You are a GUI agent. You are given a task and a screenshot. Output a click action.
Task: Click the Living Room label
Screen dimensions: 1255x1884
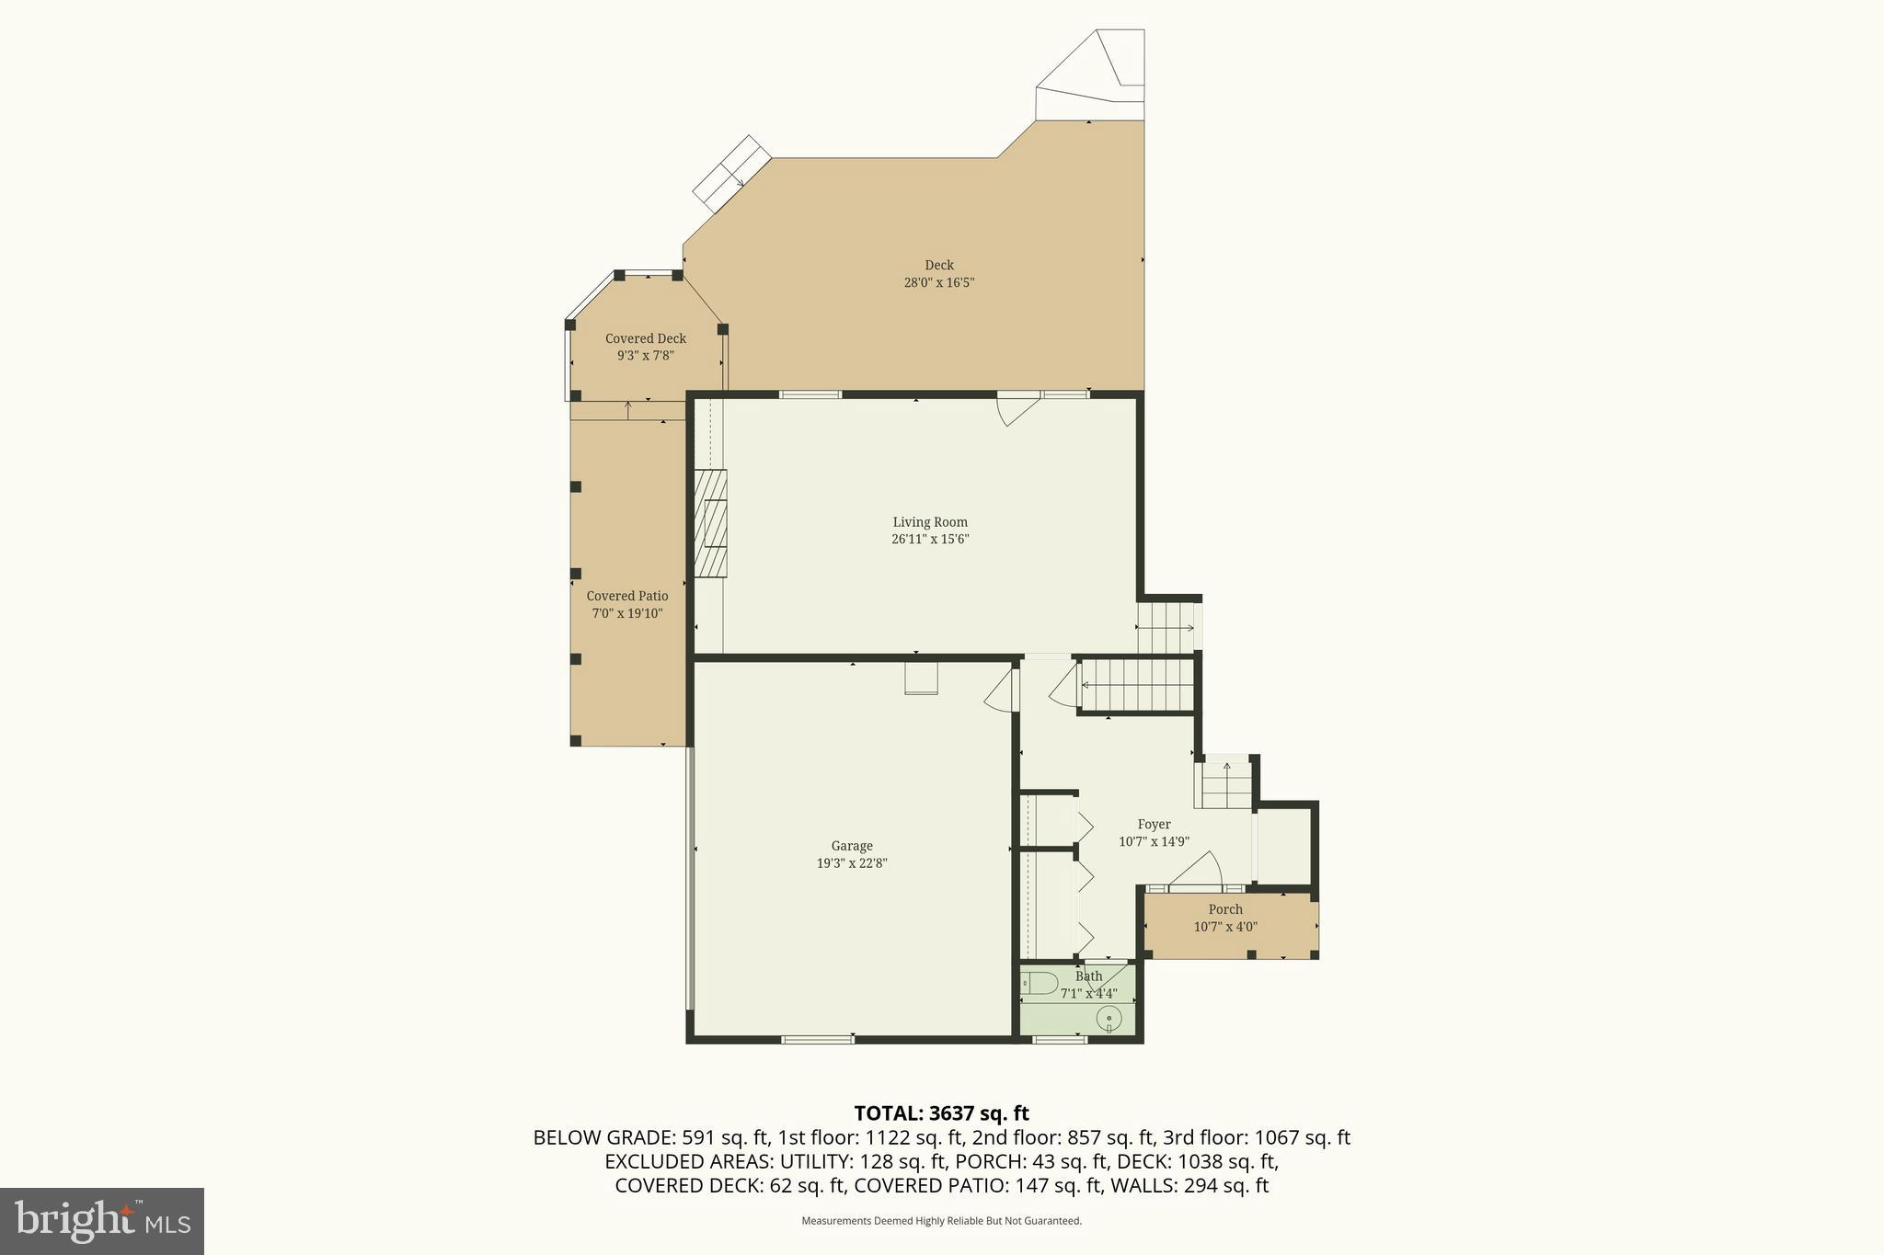(929, 522)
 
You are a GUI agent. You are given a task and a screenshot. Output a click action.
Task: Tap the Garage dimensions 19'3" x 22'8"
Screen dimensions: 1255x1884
(851, 863)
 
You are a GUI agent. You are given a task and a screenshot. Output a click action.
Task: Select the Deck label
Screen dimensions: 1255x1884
(938, 265)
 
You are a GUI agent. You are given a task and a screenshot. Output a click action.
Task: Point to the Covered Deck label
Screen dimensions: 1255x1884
(645, 338)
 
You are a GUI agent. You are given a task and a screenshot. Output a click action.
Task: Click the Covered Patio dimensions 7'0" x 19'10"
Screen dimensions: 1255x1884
(626, 613)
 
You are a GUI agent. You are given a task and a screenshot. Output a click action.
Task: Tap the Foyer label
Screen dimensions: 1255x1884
(1154, 825)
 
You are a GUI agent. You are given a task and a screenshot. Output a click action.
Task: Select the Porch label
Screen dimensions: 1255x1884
(1224, 909)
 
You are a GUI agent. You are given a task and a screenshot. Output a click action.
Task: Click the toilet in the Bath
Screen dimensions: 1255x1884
(1040, 984)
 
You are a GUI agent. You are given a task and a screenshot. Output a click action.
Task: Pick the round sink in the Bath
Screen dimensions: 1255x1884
(1109, 1019)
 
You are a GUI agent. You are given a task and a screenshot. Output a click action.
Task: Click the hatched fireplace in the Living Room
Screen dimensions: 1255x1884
(710, 522)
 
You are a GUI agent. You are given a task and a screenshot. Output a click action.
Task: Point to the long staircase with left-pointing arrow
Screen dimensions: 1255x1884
(1137, 685)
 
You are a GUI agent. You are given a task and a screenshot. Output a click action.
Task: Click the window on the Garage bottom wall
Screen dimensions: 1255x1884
(817, 1039)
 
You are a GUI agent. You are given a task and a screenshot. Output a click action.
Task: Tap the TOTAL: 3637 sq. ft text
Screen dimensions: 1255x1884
(941, 1113)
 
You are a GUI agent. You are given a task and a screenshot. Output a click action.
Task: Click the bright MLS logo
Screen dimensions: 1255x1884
(102, 1221)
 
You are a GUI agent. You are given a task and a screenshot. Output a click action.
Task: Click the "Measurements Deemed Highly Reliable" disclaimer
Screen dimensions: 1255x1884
(941, 1221)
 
